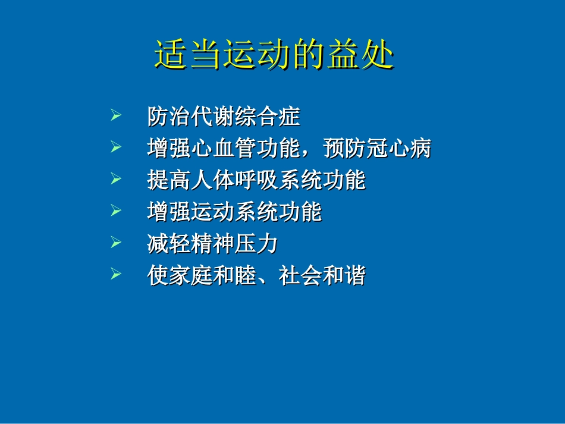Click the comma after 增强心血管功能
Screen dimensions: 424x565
[x=310, y=152]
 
